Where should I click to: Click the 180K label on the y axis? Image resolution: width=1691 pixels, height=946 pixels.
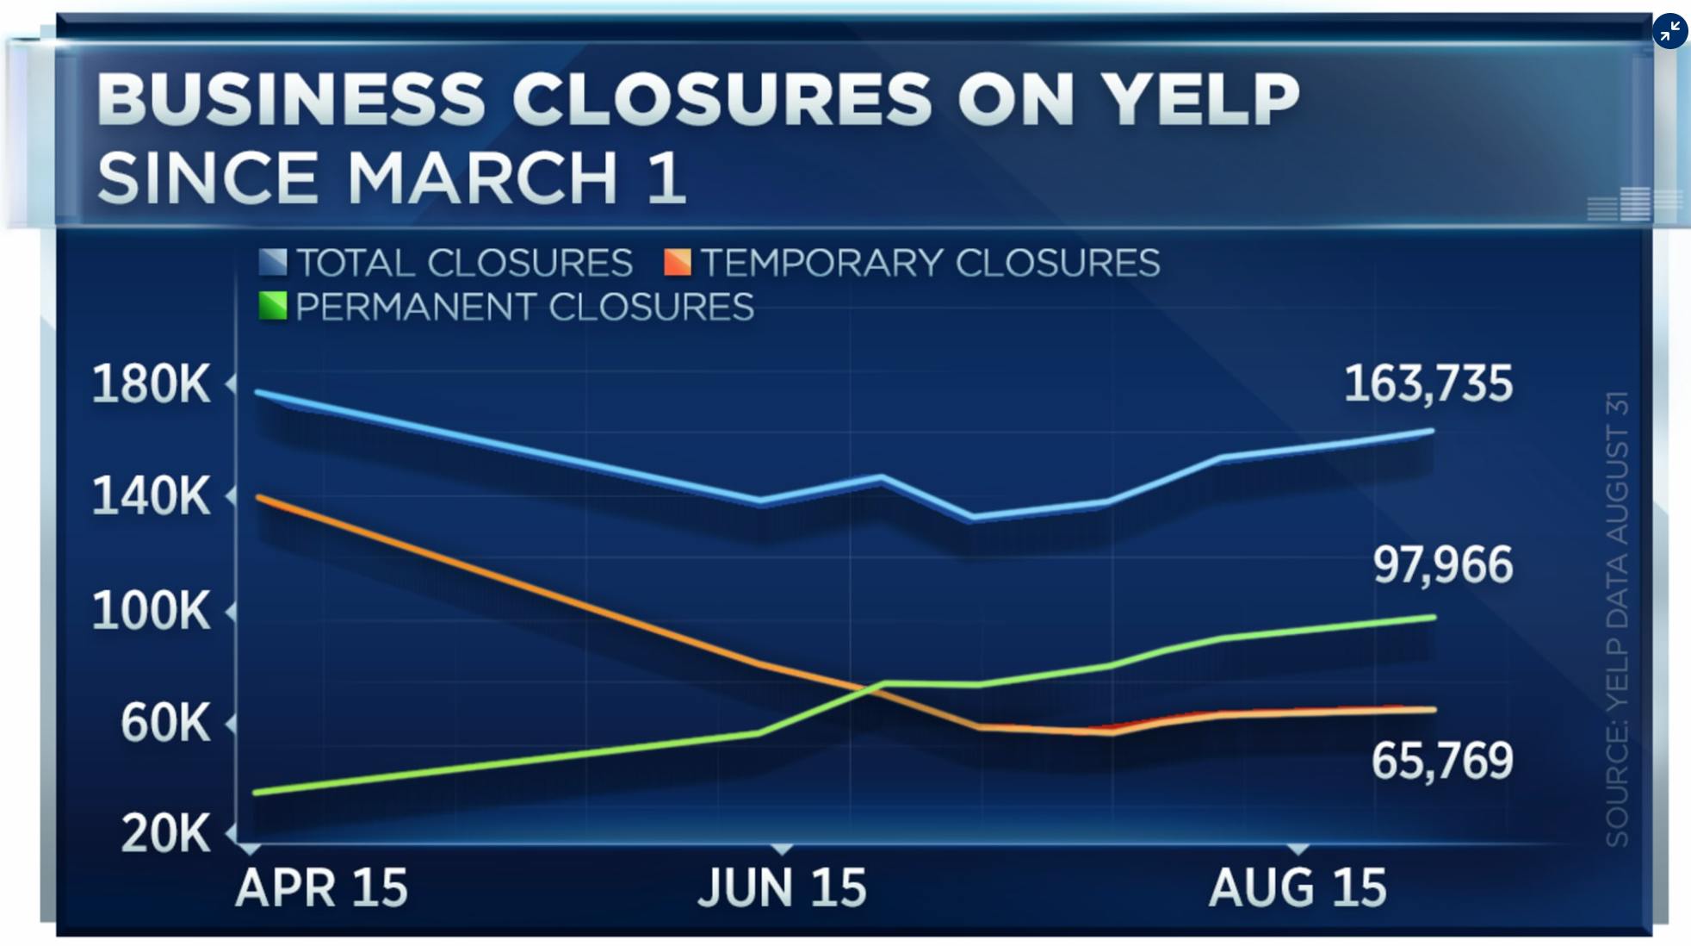151,383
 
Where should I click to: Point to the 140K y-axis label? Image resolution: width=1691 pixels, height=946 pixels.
151,496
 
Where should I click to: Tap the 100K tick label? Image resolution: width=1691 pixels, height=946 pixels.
151,611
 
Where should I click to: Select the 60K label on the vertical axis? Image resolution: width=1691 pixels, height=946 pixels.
164,722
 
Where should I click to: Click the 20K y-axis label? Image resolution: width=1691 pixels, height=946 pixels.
165,833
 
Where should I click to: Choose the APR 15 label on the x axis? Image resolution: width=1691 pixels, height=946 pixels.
321,887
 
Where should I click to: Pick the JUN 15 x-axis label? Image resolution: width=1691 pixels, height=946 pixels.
782,887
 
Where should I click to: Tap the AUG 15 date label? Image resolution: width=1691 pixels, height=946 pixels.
1298,887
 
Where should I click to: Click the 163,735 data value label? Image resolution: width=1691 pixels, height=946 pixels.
1428,383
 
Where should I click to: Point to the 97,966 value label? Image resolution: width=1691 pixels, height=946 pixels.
1442,565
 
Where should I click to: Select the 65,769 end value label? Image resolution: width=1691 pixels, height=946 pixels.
1442,761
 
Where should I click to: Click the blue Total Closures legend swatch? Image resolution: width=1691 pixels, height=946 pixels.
273,263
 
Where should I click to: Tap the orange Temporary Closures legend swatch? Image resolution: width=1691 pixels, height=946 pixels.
678,263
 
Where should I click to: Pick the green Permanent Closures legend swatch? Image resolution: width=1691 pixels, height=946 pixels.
273,307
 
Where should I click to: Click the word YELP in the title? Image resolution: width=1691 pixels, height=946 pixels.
1201,99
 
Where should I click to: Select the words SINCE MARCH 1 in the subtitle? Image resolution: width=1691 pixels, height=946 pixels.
392,177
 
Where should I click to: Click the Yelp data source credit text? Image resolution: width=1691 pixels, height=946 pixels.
1617,619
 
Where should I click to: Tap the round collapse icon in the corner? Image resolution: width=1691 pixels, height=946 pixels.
1669,32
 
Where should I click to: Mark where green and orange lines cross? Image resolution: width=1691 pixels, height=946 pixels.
865,688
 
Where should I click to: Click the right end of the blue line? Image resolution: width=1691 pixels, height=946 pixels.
1432,431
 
